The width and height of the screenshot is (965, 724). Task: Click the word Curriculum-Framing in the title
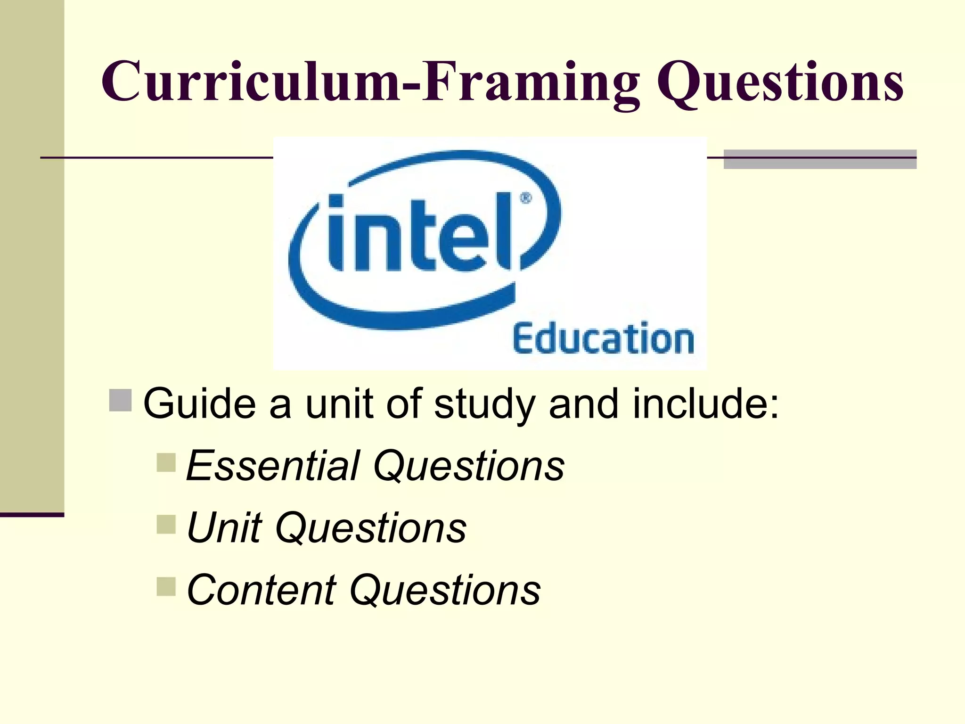(370, 81)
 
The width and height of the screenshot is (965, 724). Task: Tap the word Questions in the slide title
(780, 83)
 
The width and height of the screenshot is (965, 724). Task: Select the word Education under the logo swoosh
(603, 338)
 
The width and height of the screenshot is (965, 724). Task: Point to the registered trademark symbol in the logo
(526, 198)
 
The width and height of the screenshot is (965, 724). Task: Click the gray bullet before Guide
(120, 400)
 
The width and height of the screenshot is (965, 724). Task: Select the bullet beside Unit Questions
(166, 524)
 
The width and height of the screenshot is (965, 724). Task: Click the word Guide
(199, 404)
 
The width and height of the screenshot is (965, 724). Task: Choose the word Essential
(273, 466)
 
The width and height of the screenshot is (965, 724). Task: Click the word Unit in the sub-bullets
(224, 528)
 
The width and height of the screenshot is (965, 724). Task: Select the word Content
(262, 590)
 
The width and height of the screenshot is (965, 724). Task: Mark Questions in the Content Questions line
(445, 591)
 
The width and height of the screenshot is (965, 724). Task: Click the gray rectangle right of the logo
(820, 159)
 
